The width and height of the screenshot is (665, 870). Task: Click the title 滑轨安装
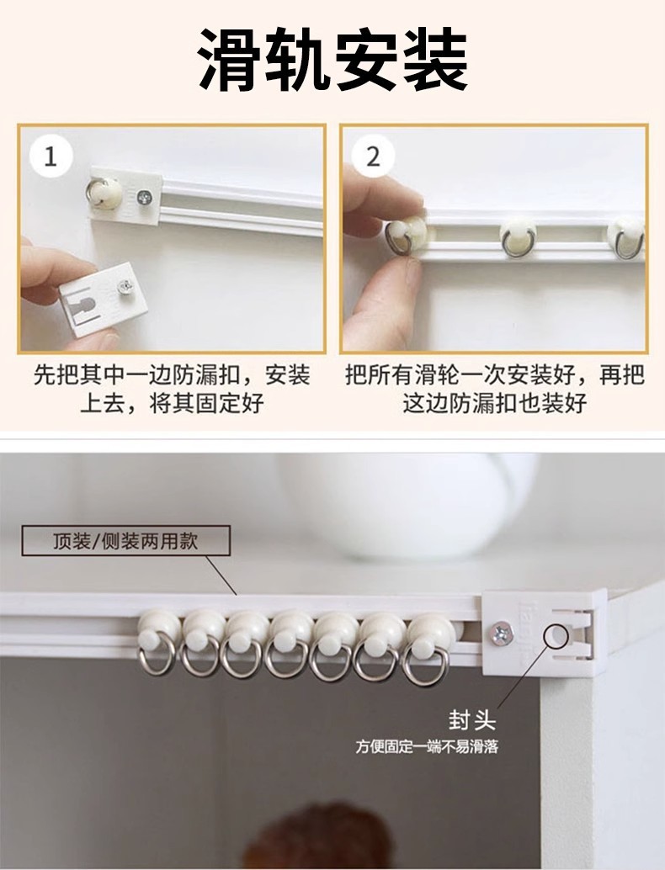tap(332, 61)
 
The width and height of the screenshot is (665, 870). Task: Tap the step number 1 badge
tap(51, 156)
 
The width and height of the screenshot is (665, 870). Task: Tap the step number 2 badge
tap(373, 156)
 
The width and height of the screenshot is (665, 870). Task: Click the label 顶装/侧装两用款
tap(125, 541)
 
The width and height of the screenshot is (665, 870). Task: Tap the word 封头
tap(471, 721)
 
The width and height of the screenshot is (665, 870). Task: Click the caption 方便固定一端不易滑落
tap(426, 746)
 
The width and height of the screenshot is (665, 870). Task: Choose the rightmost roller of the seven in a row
tap(428, 639)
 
